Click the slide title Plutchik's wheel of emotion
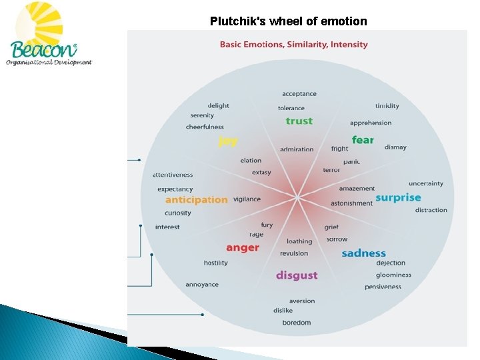point(288,21)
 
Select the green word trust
point(299,121)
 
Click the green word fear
point(363,140)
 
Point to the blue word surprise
point(398,197)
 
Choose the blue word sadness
point(363,253)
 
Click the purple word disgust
point(297,275)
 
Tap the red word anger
point(242,247)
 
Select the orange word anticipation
point(196,200)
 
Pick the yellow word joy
point(228,141)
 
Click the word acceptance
point(299,94)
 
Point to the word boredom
point(296,323)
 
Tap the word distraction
point(431,210)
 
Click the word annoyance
point(202,285)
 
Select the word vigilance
point(247,199)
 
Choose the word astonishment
point(351,203)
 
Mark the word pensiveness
point(383,287)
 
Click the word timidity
point(387,106)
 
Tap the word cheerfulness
point(205,127)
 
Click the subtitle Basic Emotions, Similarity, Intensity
point(294,45)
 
